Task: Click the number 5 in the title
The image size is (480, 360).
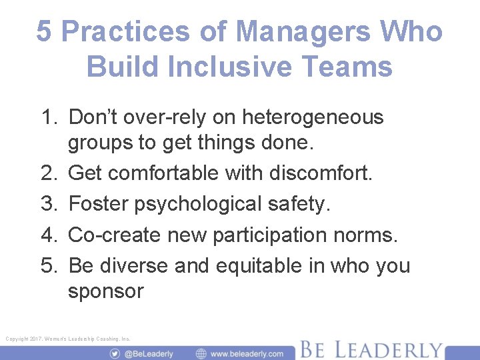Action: coord(44,31)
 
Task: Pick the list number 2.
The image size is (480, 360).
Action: coord(48,173)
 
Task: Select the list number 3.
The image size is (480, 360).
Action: coord(48,203)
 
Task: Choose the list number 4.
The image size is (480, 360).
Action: coord(48,234)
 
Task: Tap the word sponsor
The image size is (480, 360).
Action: coord(105,291)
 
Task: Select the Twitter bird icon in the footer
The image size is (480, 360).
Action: coord(115,353)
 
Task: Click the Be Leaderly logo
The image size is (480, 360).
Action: coord(370,349)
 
